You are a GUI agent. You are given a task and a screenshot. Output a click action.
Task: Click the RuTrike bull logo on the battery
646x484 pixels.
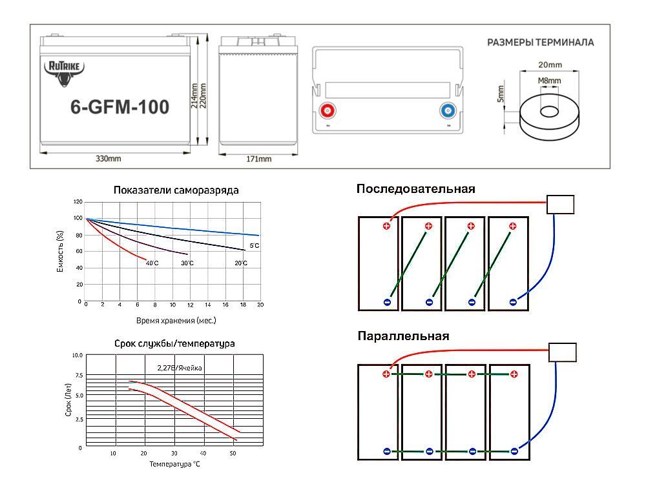64,74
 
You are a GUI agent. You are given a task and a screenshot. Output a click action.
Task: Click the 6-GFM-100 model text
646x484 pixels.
120,107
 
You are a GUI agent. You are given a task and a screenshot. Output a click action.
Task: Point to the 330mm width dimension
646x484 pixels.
109,159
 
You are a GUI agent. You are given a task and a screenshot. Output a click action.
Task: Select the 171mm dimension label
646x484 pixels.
259,159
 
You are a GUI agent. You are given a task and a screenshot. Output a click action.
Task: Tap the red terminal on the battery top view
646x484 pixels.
328,110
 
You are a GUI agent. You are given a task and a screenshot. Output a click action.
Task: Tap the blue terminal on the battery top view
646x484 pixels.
448,110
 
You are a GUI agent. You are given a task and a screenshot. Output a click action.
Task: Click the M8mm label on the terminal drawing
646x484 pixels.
549,81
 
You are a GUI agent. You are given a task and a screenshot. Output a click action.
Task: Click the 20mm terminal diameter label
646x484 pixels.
550,65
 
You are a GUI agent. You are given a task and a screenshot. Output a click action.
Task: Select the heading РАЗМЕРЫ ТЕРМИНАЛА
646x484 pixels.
541,43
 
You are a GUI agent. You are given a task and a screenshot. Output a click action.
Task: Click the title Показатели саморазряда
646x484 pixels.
176,190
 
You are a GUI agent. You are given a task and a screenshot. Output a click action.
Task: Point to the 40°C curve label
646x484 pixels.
152,263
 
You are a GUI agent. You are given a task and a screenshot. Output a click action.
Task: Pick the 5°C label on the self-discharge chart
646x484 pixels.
254,246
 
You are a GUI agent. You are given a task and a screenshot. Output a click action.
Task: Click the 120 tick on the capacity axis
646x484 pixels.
78,201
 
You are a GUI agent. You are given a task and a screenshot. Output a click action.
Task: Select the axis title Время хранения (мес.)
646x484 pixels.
176,320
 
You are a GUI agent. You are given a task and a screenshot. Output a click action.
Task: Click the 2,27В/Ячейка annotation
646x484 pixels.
180,368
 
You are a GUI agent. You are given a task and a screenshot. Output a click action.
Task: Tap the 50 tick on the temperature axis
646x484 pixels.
233,453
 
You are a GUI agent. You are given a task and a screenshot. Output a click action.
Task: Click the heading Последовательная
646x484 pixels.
415,189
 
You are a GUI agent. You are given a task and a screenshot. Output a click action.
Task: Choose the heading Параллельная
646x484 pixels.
403,336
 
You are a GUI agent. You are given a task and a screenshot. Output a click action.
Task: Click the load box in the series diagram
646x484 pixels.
560,205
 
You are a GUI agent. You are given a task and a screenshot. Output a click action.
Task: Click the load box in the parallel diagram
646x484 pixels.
563,352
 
